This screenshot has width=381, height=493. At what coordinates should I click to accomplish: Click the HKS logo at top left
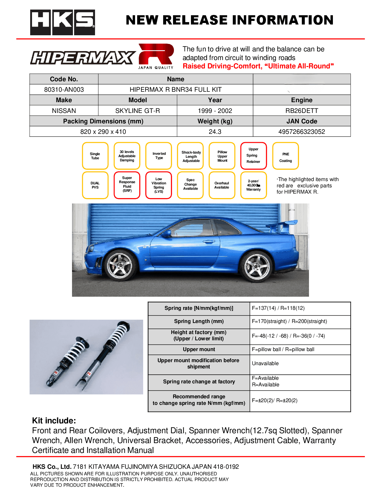(62, 22)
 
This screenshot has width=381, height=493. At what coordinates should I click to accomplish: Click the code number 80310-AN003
(64, 90)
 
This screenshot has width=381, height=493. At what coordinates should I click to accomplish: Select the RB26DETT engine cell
(302, 111)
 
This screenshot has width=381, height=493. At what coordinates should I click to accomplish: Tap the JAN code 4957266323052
(302, 132)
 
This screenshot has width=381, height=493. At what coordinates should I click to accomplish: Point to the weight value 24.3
(215, 132)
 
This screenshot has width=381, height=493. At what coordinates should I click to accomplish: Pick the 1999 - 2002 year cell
(215, 111)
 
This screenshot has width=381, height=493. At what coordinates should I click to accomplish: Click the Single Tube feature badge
(95, 156)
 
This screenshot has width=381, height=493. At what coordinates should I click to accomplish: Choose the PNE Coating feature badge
(285, 156)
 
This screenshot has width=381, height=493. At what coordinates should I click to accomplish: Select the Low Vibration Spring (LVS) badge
(159, 185)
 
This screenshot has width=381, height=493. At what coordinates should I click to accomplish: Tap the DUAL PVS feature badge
(95, 185)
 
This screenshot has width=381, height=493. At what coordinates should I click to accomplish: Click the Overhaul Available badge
(222, 185)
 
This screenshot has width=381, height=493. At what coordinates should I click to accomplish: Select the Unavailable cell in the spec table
(265, 364)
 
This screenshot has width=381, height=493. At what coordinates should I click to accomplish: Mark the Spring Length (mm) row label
(199, 321)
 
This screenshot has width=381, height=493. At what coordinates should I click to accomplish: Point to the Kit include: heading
(54, 421)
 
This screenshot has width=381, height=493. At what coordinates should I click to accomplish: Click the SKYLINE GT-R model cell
(137, 111)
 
